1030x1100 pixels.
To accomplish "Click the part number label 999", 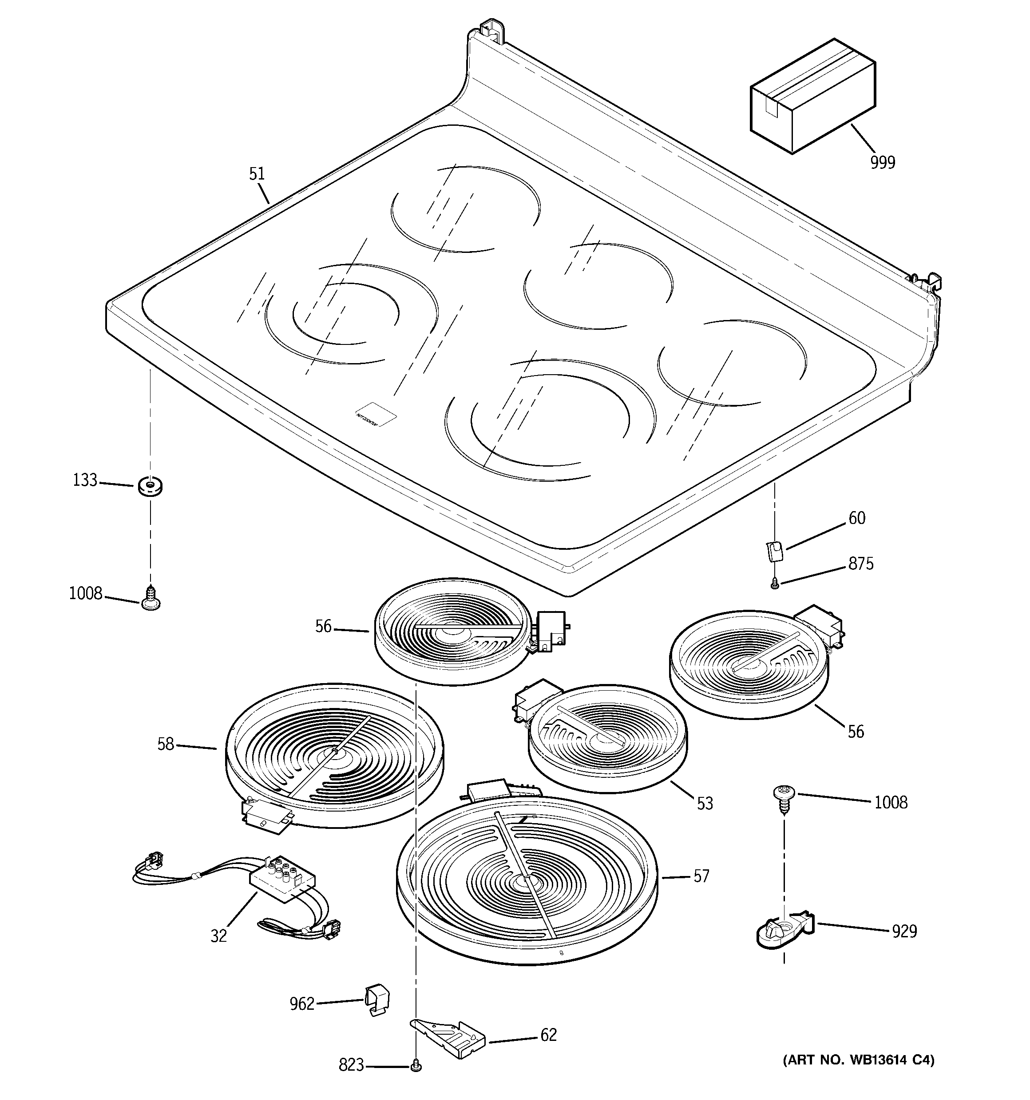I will pos(883,163).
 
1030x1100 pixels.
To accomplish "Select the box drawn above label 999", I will pos(812,97).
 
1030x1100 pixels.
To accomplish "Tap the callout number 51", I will pos(257,174).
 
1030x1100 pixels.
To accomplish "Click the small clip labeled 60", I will pos(775,551).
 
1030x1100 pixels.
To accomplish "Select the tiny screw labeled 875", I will pos(775,583).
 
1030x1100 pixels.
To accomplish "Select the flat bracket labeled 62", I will pos(448,1039).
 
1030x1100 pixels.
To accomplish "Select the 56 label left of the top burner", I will pos(324,626).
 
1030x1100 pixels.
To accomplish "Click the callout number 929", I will pos(904,931).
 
